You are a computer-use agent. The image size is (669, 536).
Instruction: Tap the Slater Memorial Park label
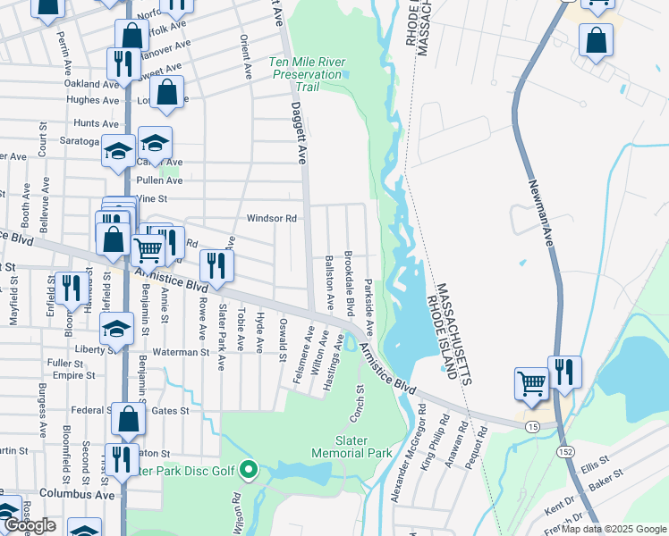tap(351, 447)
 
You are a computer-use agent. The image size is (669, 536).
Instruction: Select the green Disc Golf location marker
tap(252, 468)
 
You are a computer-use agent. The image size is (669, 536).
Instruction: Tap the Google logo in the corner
tap(30, 525)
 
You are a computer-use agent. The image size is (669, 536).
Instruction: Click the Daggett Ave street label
tap(300, 131)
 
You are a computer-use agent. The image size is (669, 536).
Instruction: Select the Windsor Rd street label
tap(271, 218)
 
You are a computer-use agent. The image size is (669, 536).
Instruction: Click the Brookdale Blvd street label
tap(350, 283)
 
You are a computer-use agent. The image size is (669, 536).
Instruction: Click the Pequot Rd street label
tap(482, 443)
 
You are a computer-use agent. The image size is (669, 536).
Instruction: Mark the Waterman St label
tap(180, 353)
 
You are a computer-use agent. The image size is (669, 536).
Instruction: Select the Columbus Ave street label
tap(77, 494)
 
